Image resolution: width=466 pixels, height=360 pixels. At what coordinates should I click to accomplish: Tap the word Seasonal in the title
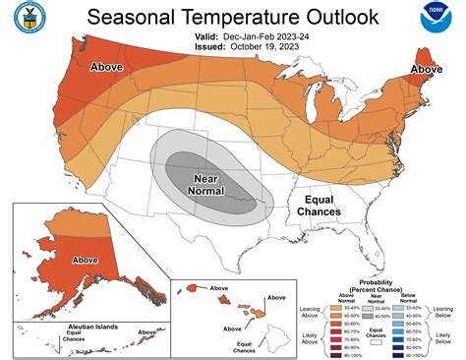click(x=133, y=18)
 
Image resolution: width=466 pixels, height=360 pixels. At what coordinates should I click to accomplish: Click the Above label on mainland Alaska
click(x=85, y=261)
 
